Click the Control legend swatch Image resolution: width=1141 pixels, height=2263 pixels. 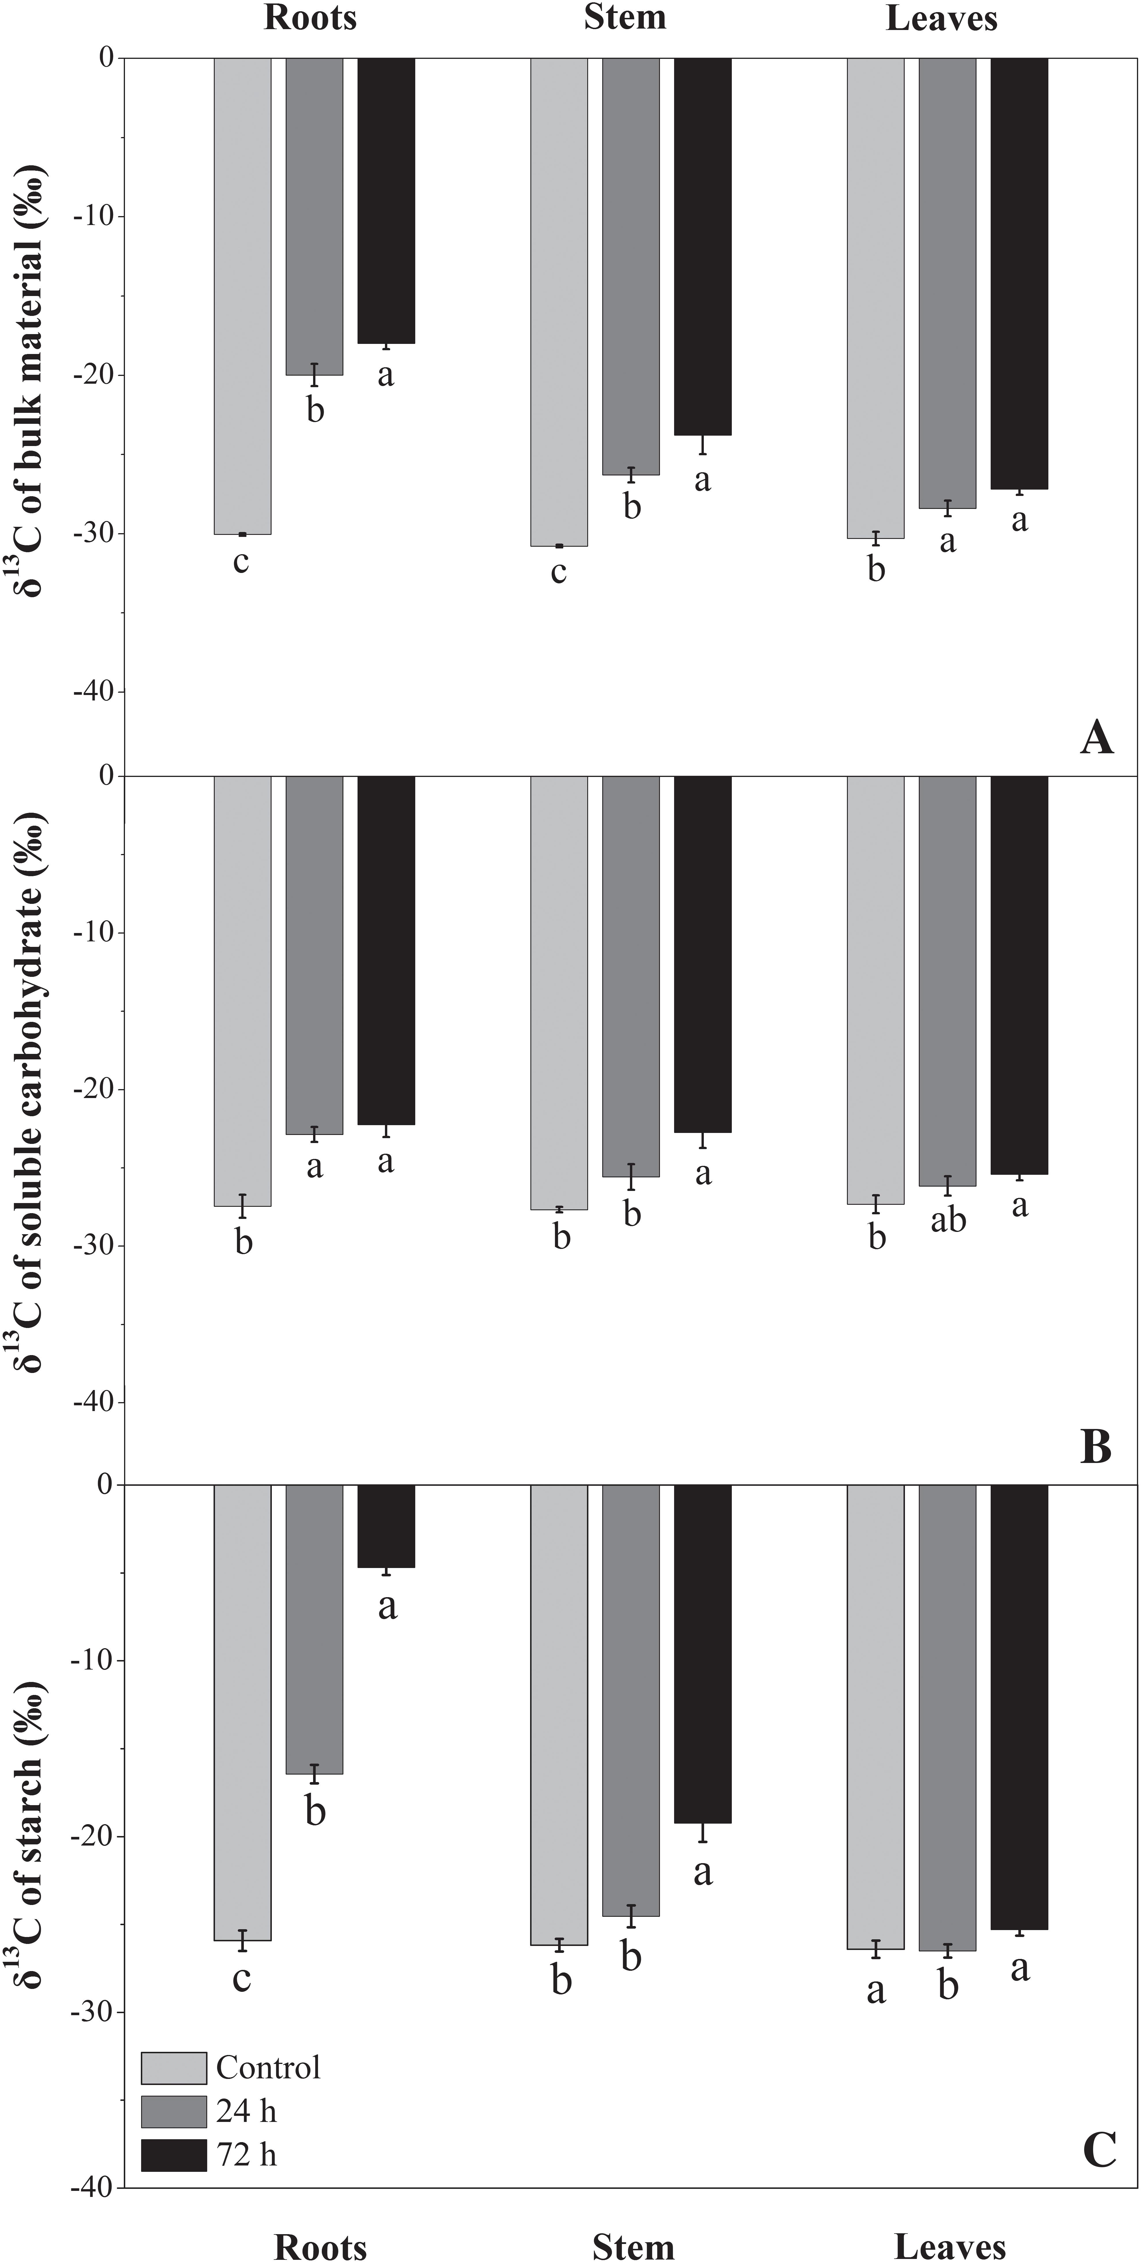pyautogui.click(x=174, y=2068)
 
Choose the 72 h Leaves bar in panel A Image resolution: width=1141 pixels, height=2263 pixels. pyautogui.click(x=1019, y=272)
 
